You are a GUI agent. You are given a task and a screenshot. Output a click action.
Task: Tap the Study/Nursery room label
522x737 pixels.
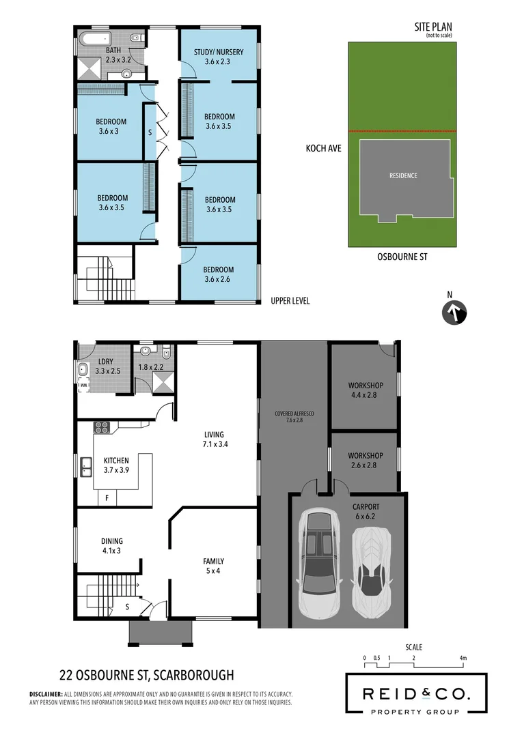click(219, 57)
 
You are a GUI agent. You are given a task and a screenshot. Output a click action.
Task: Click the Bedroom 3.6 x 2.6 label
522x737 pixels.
click(218, 274)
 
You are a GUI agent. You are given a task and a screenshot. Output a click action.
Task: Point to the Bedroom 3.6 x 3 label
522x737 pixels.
click(113, 127)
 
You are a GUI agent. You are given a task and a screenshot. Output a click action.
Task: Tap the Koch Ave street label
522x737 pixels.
click(324, 147)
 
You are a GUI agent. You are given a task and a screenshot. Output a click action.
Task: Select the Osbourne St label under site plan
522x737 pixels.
click(402, 257)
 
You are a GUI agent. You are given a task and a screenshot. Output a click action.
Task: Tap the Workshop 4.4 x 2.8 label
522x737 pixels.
click(366, 390)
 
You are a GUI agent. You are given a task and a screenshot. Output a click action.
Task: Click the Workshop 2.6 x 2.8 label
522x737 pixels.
click(366, 460)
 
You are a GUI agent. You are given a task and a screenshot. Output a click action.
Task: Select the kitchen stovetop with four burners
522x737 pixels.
click(102, 428)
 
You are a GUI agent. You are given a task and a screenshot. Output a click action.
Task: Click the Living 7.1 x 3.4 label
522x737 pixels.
click(214, 439)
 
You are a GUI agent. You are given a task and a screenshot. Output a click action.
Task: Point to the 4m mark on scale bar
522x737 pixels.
click(463, 659)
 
